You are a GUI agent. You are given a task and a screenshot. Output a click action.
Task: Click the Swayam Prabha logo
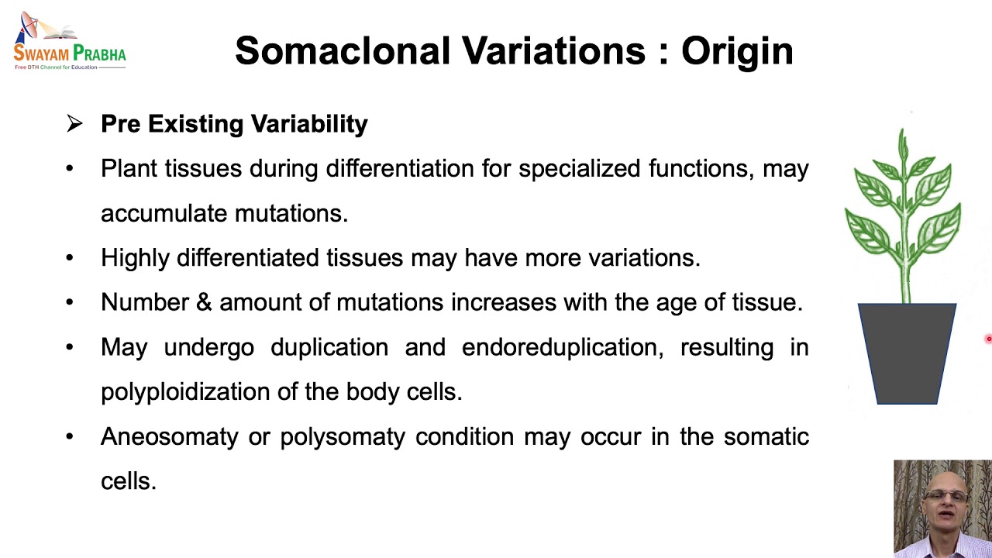tap(69, 43)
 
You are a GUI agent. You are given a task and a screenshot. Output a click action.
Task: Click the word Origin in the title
tap(737, 51)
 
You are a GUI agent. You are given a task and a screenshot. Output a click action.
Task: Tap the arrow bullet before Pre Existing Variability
tap(74, 124)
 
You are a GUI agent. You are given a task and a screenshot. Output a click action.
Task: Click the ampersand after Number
tap(204, 302)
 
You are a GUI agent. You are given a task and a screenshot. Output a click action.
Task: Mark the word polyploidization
tap(185, 392)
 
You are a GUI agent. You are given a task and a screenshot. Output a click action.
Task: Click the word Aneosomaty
tap(169, 437)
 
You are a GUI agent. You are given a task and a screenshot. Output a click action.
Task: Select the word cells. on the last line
tap(129, 481)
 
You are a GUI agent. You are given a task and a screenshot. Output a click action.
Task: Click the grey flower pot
tap(907, 353)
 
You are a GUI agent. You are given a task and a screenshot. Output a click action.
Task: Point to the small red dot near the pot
tap(989, 339)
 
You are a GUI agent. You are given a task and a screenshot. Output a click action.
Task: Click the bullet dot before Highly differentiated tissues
tap(70, 258)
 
